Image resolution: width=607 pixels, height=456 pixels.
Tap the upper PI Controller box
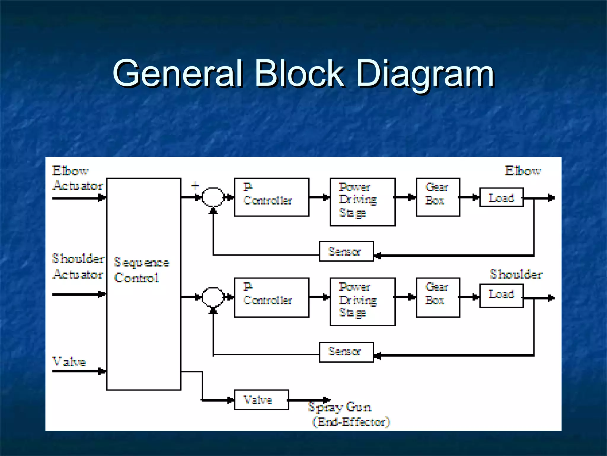pyautogui.click(x=271, y=197)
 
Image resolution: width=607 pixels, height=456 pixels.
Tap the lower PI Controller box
pyautogui.click(x=271, y=297)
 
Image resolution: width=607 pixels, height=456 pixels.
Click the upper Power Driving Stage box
pyautogui.click(x=362, y=202)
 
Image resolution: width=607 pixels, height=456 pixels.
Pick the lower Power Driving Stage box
pyautogui.click(x=362, y=302)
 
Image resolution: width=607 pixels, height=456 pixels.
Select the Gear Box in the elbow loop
pyautogui.click(x=438, y=197)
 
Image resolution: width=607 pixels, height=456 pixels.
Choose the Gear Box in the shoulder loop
pyautogui.click(x=438, y=297)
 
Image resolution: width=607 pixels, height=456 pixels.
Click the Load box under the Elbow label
pyautogui.click(x=501, y=197)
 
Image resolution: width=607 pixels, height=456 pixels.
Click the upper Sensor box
pyautogui.click(x=346, y=251)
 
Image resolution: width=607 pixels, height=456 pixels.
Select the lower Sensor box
pyautogui.click(x=346, y=352)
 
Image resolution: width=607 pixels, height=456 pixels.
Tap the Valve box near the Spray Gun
pyautogui.click(x=261, y=400)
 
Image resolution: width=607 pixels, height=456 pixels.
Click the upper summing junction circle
pyautogui.click(x=213, y=197)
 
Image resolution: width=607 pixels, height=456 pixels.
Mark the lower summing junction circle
pyautogui.click(x=213, y=297)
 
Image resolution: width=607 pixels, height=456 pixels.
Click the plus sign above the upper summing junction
pyautogui.click(x=195, y=186)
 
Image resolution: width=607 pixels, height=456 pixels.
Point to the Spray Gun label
pyautogui.click(x=340, y=407)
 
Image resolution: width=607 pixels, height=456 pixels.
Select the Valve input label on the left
pyautogui.click(x=69, y=362)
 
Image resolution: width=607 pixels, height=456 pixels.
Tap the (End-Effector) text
pyautogui.click(x=352, y=422)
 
